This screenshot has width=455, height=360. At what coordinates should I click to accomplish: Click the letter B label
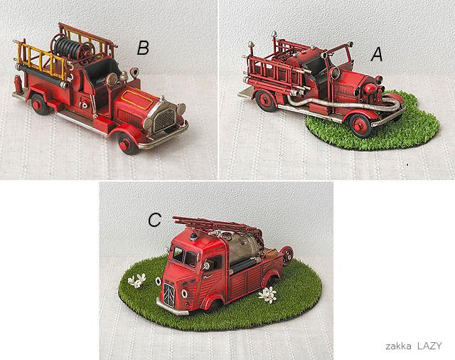[x=143, y=48]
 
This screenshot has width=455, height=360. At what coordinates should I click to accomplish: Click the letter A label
[x=377, y=54]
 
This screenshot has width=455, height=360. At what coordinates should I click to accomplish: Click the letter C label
[x=154, y=220]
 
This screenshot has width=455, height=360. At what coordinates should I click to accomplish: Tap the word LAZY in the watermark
[x=429, y=346]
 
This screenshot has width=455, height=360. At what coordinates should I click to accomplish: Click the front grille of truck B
[x=164, y=120]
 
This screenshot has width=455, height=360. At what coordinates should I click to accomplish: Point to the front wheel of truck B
[x=127, y=144]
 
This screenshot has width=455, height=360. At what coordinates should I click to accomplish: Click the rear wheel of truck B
[x=39, y=104]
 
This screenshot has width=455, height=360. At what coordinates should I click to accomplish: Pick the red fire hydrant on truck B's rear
[x=18, y=84]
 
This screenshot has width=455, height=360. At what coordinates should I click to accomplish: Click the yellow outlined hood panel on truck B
[x=137, y=100]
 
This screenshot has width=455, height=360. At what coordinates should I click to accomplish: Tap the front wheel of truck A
[x=360, y=125]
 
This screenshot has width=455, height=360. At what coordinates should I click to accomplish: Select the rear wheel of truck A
[x=266, y=101]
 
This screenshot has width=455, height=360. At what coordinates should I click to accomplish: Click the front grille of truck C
[x=169, y=294]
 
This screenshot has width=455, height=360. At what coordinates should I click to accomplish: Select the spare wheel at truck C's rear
[x=287, y=255]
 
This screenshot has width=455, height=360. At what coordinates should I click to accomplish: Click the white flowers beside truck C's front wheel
[x=268, y=295]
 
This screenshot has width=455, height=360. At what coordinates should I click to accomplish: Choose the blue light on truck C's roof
[x=193, y=237]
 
